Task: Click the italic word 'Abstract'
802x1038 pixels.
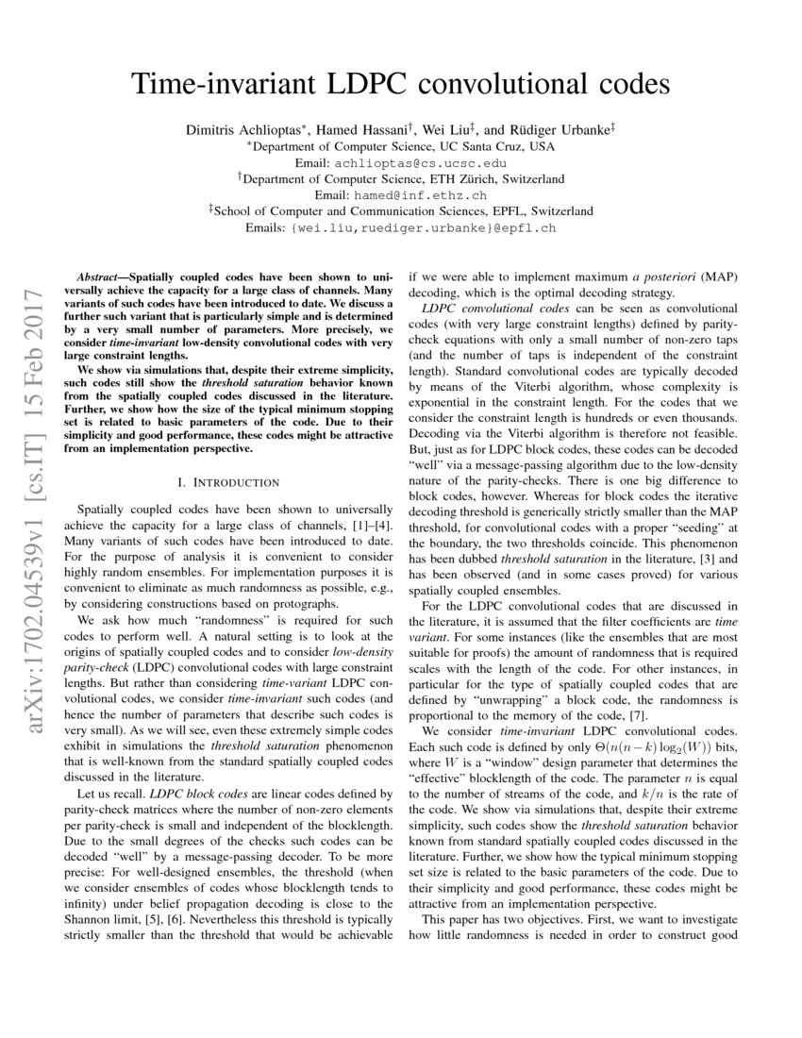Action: click(x=97, y=279)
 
